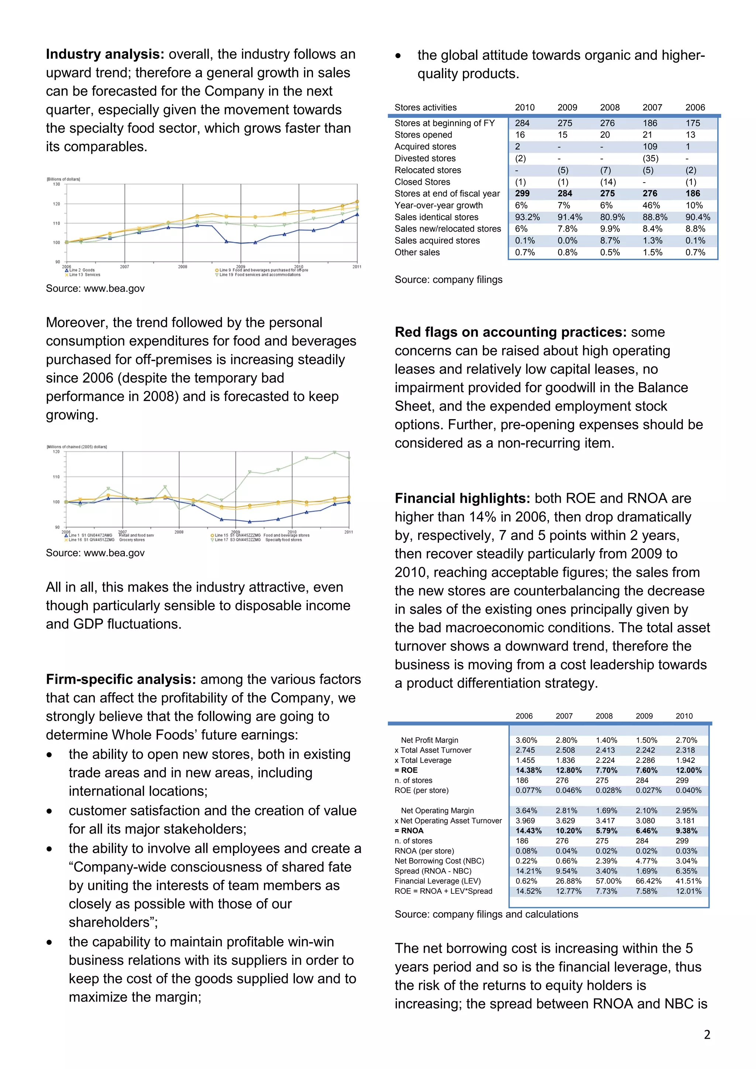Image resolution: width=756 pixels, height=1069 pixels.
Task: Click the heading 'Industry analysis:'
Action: [x=105, y=55]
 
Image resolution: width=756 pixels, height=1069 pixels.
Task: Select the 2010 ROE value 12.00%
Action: [x=688, y=770]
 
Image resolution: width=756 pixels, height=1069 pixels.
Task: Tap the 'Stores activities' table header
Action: [x=425, y=108]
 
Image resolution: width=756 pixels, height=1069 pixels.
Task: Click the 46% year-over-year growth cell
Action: [x=651, y=205]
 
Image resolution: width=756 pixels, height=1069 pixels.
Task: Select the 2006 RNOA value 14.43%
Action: [x=528, y=831]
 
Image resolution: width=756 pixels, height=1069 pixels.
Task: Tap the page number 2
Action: [x=707, y=1035]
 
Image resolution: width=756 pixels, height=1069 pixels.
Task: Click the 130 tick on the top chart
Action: [x=56, y=184]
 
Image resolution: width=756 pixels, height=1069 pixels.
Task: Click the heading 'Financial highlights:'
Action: [x=462, y=498]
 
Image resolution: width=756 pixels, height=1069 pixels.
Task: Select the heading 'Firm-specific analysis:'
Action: [x=121, y=679]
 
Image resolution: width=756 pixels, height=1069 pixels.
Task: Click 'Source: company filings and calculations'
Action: [x=486, y=914]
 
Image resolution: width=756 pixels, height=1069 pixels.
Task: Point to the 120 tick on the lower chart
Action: [x=56, y=452]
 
